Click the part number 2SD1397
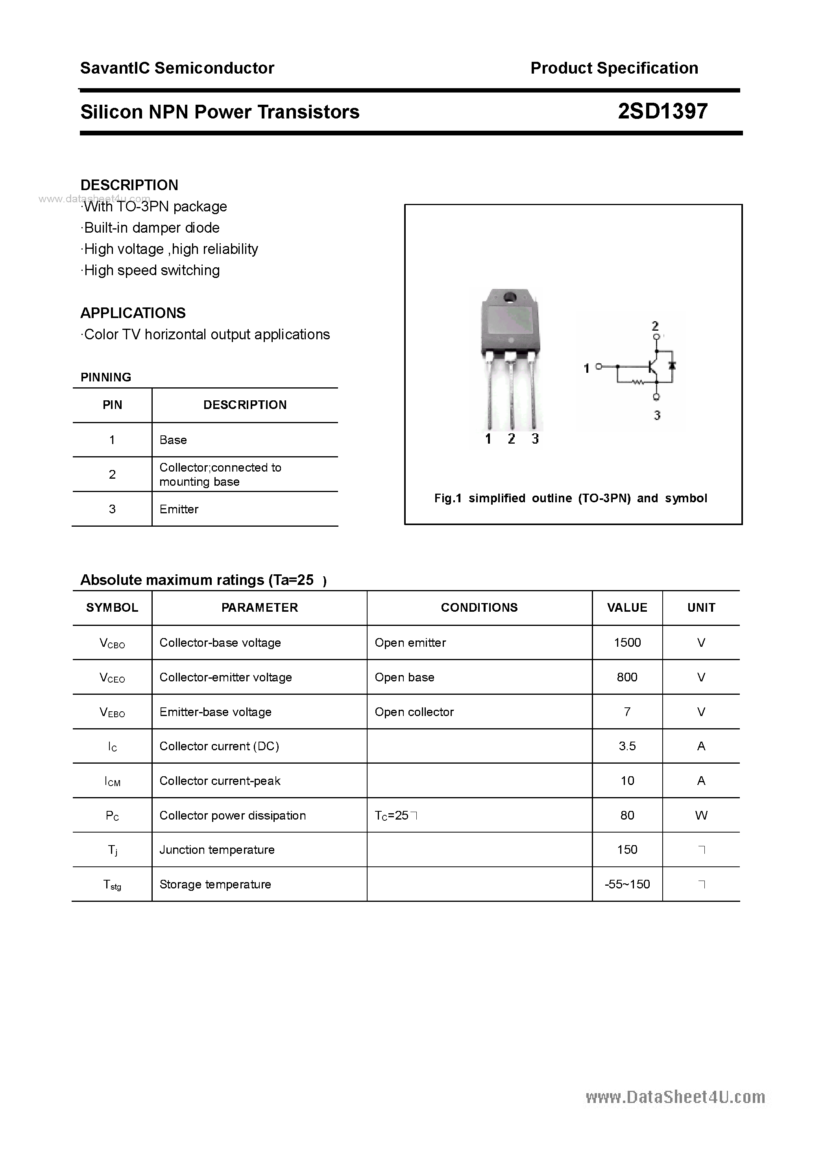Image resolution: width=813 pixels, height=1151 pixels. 662,111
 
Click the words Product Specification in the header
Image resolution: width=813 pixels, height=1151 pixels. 614,68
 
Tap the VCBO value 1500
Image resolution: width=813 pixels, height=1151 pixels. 627,643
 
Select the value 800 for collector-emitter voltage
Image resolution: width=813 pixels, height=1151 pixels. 627,677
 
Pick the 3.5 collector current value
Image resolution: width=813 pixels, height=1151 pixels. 627,746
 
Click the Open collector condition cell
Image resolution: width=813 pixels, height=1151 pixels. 414,712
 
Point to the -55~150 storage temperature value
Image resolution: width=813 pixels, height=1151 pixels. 627,884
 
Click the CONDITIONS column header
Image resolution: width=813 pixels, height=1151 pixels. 479,608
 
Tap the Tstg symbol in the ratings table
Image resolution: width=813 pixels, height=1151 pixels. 112,885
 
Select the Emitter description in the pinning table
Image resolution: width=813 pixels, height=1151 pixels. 179,509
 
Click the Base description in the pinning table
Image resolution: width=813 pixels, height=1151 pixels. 173,440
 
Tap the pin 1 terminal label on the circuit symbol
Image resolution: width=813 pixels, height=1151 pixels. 586,368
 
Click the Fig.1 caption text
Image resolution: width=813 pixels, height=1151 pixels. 571,498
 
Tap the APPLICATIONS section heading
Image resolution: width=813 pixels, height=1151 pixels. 133,313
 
